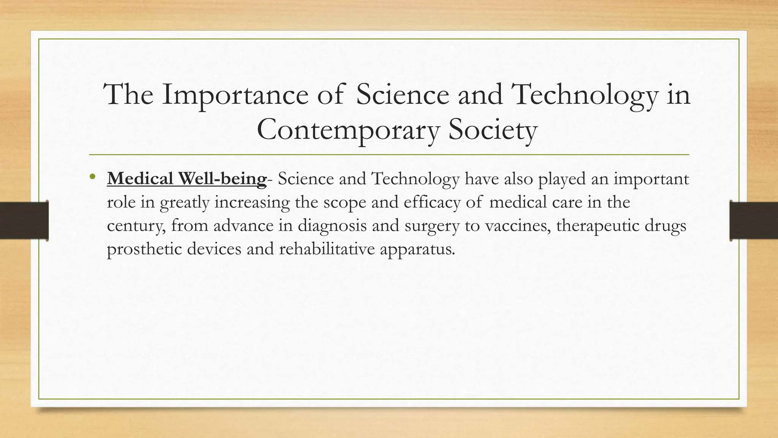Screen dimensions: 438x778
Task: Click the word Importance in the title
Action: (x=235, y=95)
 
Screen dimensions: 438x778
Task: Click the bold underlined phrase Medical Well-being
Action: (x=187, y=179)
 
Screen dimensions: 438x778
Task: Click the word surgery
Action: (x=432, y=225)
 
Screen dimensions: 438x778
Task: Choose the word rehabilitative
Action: (x=327, y=249)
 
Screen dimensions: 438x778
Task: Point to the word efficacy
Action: (x=432, y=202)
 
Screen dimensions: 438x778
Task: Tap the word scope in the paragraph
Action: (x=345, y=202)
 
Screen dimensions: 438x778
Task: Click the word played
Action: (x=561, y=179)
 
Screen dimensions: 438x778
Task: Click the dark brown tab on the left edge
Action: (x=24, y=221)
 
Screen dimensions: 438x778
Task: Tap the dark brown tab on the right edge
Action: (x=754, y=221)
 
